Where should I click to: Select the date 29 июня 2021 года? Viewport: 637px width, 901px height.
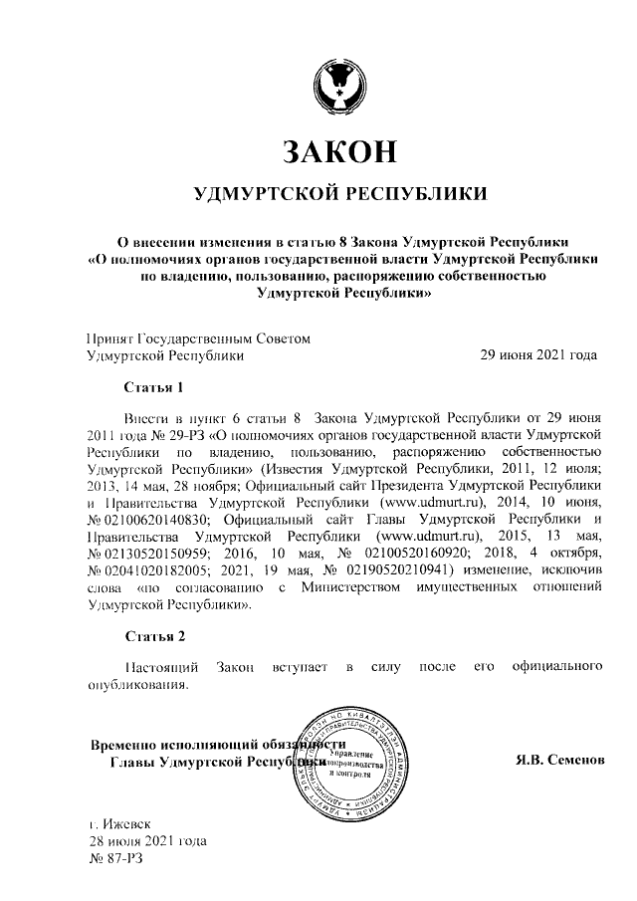(x=538, y=354)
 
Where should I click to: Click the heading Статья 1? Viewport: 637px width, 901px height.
(x=154, y=385)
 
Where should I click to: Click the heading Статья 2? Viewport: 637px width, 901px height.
(x=154, y=635)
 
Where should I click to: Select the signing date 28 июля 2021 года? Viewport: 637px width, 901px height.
(x=147, y=840)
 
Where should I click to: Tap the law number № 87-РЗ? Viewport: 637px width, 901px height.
(x=116, y=857)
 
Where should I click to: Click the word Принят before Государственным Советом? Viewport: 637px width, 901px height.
(x=108, y=338)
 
